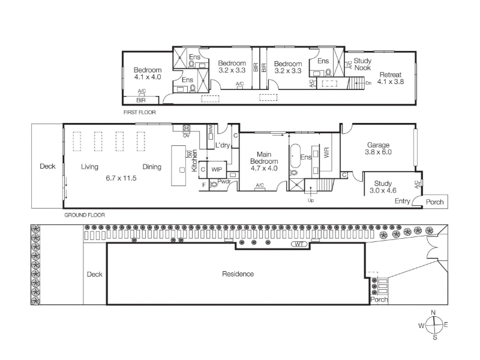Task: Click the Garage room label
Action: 379,145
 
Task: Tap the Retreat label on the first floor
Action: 391,74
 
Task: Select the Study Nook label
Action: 362,64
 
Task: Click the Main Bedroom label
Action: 264,158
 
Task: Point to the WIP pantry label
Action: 217,170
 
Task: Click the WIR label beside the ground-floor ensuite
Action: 326,152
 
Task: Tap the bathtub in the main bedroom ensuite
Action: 295,156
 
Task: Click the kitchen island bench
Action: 178,166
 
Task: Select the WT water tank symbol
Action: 301,244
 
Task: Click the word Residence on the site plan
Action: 238,274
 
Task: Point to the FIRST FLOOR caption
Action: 140,112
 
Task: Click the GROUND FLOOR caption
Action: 85,215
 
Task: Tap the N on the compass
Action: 433,313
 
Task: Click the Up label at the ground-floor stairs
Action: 311,200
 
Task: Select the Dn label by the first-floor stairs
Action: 368,83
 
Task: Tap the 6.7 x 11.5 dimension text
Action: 121,178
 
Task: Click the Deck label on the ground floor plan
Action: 47,166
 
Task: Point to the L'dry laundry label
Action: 223,145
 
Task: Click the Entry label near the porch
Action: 402,201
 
